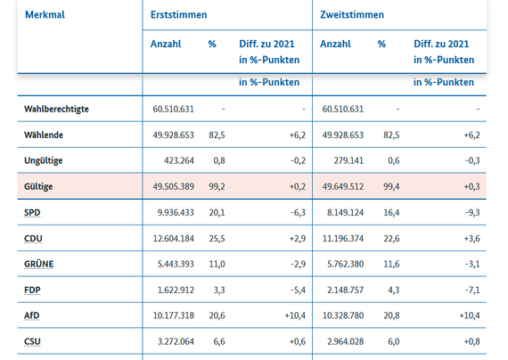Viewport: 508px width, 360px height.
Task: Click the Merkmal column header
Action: (45, 14)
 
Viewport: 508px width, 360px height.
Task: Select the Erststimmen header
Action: (178, 14)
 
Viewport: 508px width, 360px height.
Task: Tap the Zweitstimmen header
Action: (352, 14)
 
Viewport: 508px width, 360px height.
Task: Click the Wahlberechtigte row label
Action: (56, 109)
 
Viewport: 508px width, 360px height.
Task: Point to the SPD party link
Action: (32, 213)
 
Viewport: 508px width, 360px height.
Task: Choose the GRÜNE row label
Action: (38, 264)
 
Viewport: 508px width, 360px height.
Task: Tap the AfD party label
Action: (31, 315)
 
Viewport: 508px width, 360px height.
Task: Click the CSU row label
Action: (32, 341)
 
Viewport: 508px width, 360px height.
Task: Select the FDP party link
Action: (32, 290)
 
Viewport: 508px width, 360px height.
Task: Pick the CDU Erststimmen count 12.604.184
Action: (173, 239)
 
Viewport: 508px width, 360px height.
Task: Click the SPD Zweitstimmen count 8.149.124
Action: (345, 213)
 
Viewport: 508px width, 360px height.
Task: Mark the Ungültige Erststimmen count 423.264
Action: (179, 160)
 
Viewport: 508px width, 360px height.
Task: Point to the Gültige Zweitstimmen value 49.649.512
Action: (343, 186)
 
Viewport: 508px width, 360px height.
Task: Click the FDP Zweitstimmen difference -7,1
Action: (472, 290)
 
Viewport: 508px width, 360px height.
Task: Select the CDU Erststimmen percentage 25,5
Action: (217, 239)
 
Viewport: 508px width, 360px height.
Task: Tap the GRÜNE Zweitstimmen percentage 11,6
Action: (391, 264)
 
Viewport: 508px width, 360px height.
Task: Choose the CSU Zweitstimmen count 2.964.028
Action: (345, 341)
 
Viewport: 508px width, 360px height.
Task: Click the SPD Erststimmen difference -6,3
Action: (298, 213)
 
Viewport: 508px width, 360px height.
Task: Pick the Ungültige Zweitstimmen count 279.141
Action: (348, 160)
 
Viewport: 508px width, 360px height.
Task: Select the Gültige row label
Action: (38, 186)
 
